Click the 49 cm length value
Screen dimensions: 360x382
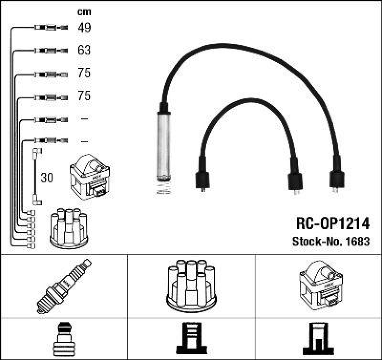[x=84, y=28]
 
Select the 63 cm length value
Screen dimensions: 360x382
[x=84, y=50]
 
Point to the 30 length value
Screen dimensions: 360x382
[x=47, y=178]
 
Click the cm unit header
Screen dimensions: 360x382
[x=84, y=12]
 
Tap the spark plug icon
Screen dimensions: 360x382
[x=64, y=286]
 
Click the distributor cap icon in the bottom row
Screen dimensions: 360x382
[x=191, y=285]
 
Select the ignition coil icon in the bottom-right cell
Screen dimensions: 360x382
[x=319, y=285]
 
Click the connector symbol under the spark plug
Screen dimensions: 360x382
[x=63, y=339]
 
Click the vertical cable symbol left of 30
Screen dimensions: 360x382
[x=35, y=177]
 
